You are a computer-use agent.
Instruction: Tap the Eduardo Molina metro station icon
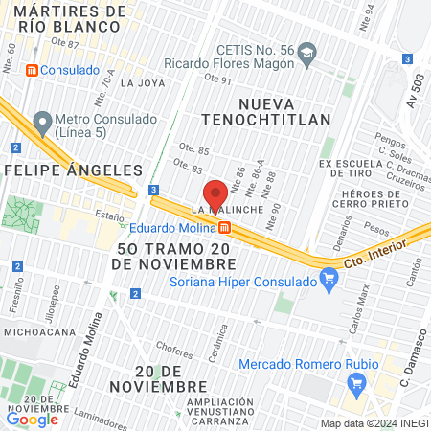(x=224, y=227)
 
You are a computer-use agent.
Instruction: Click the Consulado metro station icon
(x=32, y=70)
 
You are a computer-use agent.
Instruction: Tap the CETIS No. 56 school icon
(x=306, y=51)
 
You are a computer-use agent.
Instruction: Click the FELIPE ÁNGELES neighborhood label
(x=74, y=169)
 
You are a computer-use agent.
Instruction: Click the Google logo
(x=33, y=419)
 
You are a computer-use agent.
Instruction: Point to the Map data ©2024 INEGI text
(x=373, y=423)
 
